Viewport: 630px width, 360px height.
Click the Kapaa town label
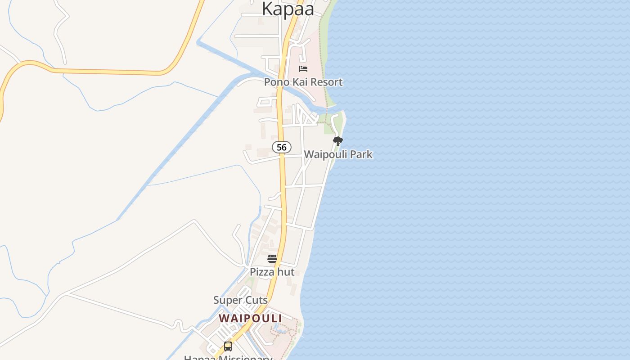pyautogui.click(x=288, y=9)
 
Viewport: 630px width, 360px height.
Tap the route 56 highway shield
pyautogui.click(x=282, y=147)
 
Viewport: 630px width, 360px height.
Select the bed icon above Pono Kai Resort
pyautogui.click(x=303, y=69)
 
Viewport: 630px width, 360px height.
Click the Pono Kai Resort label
pyautogui.click(x=303, y=82)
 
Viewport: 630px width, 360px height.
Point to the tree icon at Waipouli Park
pyautogui.click(x=337, y=141)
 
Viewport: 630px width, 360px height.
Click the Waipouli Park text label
pyautogui.click(x=338, y=154)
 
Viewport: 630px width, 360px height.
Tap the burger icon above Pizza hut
pyautogui.click(x=272, y=259)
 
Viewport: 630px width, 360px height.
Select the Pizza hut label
pyautogui.click(x=272, y=272)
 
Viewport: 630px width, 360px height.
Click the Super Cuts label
pyautogui.click(x=240, y=300)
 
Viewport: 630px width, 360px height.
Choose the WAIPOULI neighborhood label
pyautogui.click(x=250, y=318)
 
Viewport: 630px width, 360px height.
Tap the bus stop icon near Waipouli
pyautogui.click(x=228, y=346)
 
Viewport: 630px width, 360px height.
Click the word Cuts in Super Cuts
pyautogui.click(x=256, y=300)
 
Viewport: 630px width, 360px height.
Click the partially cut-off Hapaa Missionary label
pyautogui.click(x=228, y=358)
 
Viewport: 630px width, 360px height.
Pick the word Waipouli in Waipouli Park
pyautogui.click(x=326, y=154)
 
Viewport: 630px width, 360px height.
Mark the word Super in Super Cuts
pyautogui.click(x=227, y=300)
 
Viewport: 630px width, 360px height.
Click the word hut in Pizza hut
pyautogui.click(x=286, y=272)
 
